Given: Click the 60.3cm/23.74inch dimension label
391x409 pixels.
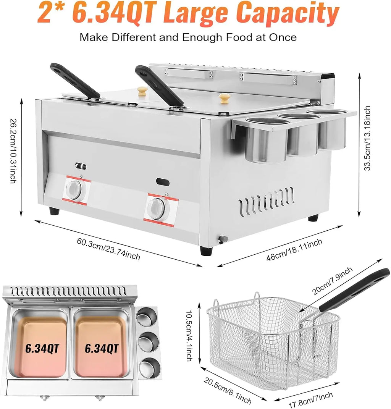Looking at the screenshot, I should point(108,249).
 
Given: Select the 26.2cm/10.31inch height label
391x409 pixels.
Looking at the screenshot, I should point(13,151).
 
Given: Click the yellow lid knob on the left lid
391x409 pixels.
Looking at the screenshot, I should point(143,91).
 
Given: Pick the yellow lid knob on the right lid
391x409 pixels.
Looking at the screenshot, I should point(225,98).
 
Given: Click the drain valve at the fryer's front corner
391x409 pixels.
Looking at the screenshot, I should point(222,239).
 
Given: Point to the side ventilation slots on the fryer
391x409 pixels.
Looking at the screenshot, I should point(267,201).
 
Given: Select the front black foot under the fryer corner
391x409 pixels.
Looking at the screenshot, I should point(206,251).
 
